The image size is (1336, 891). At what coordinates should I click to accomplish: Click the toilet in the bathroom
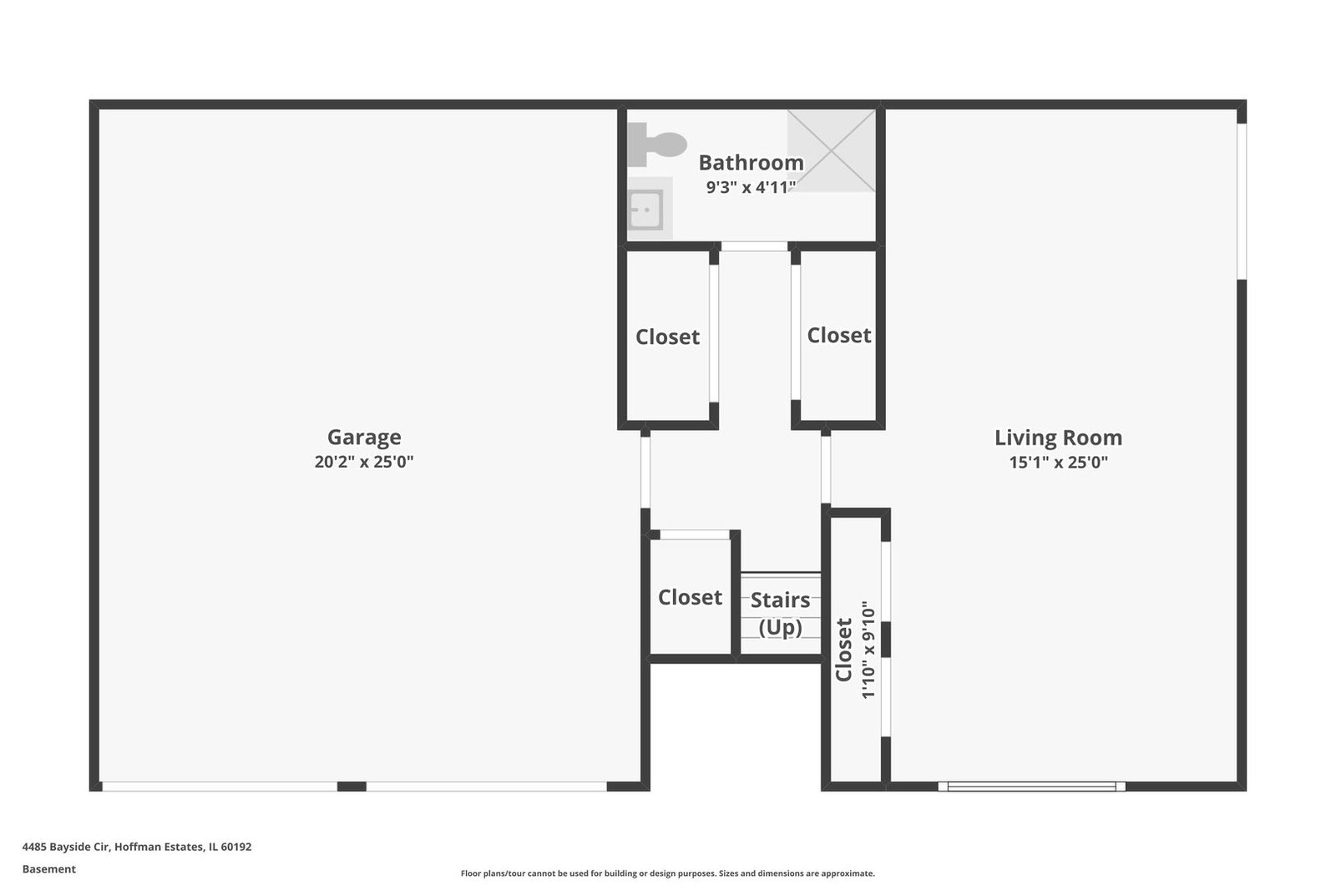(656, 144)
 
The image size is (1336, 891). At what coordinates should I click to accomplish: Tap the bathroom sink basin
(646, 210)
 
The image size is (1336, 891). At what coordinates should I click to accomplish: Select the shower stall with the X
(832, 150)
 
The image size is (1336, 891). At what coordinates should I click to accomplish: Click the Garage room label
(364, 438)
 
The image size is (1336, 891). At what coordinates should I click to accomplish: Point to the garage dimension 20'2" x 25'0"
(364, 462)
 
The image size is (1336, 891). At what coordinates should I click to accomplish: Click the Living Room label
(1058, 438)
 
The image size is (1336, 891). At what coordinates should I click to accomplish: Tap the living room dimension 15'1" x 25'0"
(1058, 462)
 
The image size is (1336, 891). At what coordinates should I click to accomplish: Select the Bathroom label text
(751, 162)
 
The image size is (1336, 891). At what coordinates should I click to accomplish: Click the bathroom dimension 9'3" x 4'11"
(751, 187)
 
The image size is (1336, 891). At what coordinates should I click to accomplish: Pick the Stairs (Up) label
(780, 613)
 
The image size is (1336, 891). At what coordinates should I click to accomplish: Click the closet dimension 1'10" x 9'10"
(868, 650)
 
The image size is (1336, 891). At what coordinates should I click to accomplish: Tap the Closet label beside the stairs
(690, 597)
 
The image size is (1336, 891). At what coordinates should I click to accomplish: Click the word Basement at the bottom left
(49, 869)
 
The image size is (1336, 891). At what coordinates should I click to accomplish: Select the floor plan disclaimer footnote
(667, 873)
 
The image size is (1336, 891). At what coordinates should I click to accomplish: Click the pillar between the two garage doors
(352, 787)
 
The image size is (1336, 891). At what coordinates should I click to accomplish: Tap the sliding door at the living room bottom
(1032, 787)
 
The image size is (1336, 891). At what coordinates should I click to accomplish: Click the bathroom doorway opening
(754, 246)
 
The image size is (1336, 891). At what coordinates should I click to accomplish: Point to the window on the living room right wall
(1242, 201)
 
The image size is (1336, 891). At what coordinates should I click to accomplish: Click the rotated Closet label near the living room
(843, 650)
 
